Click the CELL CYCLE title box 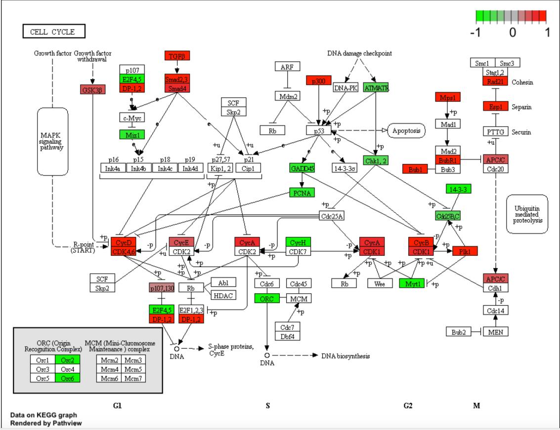[53, 33]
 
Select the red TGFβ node [177, 56]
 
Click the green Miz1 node [128, 134]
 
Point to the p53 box [318, 130]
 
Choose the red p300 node [318, 80]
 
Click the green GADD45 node [302, 168]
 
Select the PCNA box [302, 193]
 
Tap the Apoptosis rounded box [407, 130]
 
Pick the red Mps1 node [448, 97]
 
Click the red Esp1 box [496, 106]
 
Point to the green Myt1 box [411, 283]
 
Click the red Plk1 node [465, 251]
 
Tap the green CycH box [298, 242]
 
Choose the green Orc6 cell [67, 378]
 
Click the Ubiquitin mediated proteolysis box [527, 214]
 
